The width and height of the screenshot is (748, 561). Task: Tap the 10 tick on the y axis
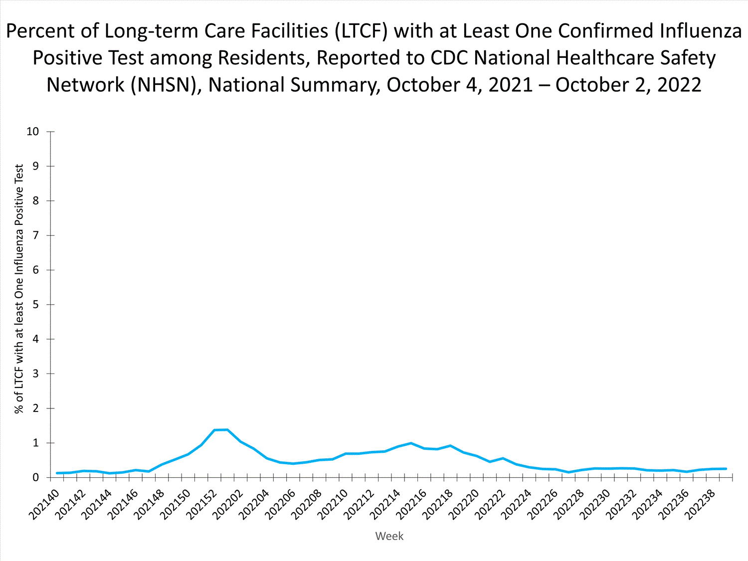pos(33,132)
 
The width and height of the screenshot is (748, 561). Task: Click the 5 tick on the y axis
pos(36,305)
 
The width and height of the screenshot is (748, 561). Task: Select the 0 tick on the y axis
pos(36,478)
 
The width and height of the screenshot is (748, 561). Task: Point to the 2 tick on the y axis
pos(36,408)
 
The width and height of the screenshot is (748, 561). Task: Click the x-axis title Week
pos(389,536)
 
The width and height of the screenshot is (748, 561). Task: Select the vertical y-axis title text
pos(19,289)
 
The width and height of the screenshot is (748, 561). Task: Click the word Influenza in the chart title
pos(701,31)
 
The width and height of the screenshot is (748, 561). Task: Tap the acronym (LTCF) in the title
pos(361,31)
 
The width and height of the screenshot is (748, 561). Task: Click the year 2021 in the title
pos(511,85)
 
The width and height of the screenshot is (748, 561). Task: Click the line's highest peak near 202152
pos(221,429)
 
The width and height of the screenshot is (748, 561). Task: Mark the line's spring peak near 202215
pos(411,443)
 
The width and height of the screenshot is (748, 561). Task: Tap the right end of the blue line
pos(726,469)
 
